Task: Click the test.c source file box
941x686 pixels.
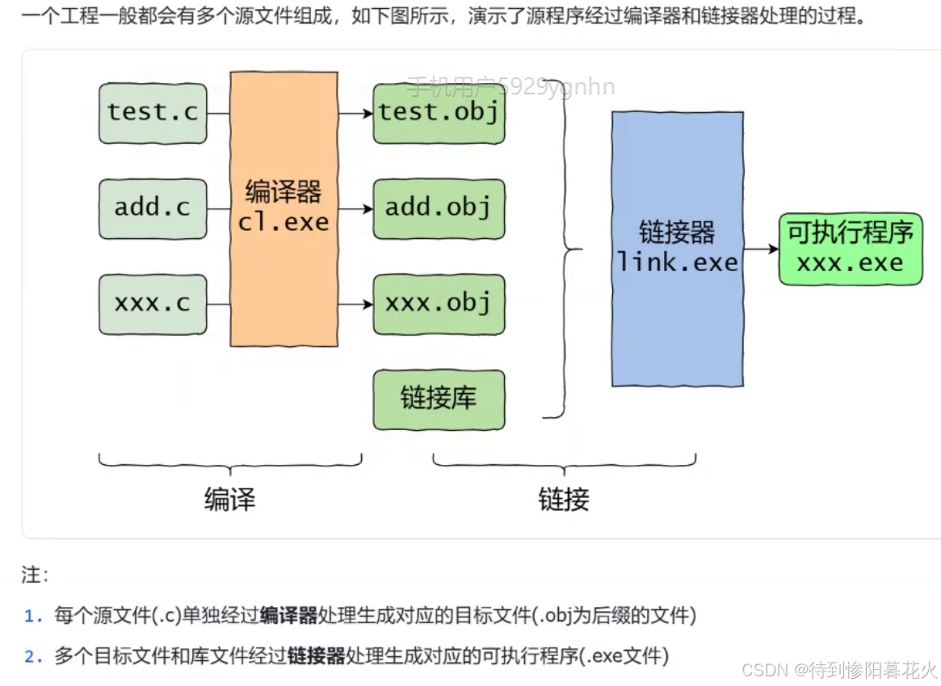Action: coord(153,112)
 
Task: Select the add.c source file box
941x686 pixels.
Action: coord(153,208)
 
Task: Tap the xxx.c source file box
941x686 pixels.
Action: coord(153,304)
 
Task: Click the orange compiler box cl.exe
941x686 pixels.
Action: coord(284,208)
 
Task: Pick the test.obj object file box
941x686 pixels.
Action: coord(439,112)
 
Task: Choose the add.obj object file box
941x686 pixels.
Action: coord(439,208)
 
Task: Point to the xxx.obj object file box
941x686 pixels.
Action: coord(439,304)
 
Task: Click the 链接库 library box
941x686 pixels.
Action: coord(439,399)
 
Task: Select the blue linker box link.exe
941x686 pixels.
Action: coord(677,249)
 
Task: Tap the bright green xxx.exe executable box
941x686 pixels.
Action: coord(850,249)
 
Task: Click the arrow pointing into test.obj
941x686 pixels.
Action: coord(355,113)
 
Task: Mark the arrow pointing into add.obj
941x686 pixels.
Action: coord(355,208)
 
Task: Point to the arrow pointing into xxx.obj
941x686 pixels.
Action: coord(355,304)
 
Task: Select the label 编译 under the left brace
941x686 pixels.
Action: coord(229,500)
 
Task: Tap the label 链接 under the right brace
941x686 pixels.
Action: coord(564,500)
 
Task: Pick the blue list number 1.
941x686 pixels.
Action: coord(32,617)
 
